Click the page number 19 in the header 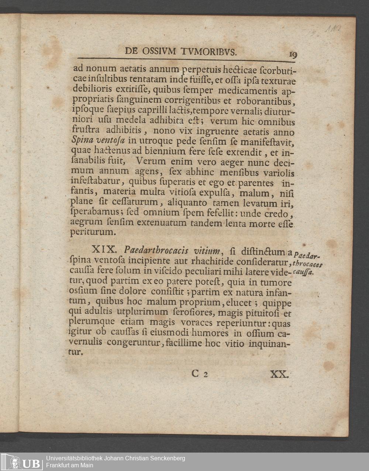point(294,55)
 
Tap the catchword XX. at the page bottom point(279,374)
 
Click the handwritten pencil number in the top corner point(333,30)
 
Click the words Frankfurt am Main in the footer point(70,465)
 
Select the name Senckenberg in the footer point(165,458)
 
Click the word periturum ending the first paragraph point(93,232)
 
